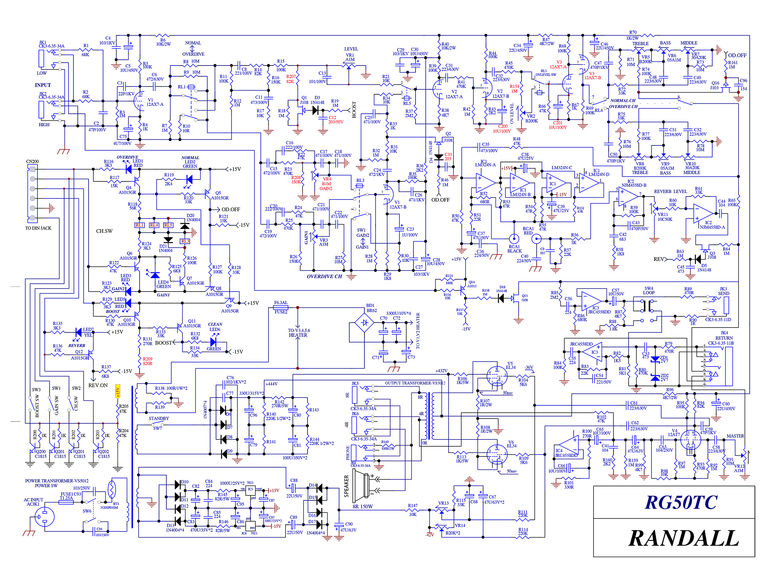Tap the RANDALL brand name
683,539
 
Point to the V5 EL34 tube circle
497,376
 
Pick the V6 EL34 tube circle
497,454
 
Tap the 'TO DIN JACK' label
38,228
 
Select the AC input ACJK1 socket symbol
45,517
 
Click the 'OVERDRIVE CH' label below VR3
324,276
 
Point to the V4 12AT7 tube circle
690,440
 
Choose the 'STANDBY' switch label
159,419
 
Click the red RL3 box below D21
185,241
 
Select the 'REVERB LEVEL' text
670,192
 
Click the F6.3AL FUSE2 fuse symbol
281,308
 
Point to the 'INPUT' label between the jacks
43,85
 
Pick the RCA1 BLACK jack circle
514,238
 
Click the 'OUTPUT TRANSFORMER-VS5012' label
415,383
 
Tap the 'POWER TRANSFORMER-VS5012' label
57,481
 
